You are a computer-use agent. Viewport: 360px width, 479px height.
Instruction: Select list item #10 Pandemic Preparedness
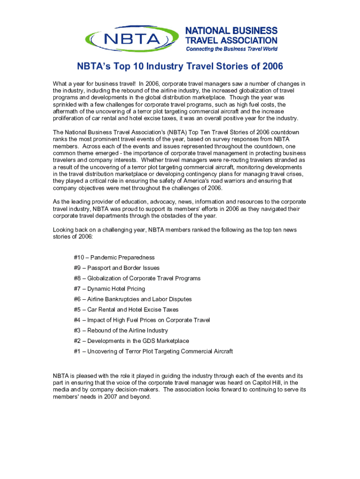114,258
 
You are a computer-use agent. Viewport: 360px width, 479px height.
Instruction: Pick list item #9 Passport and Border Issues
116,268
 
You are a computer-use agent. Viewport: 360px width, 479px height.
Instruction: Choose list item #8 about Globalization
137,278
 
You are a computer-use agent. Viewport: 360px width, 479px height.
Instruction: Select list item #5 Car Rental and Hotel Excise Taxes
126,310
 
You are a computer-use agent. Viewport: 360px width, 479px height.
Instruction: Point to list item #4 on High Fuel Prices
142,320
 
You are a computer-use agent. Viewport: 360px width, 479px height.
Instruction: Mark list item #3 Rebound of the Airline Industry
121,331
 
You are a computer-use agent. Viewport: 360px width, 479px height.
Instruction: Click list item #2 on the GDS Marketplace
124,341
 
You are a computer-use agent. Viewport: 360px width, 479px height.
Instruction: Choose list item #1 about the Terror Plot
153,351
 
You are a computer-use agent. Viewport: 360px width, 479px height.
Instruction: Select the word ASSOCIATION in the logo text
249,41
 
